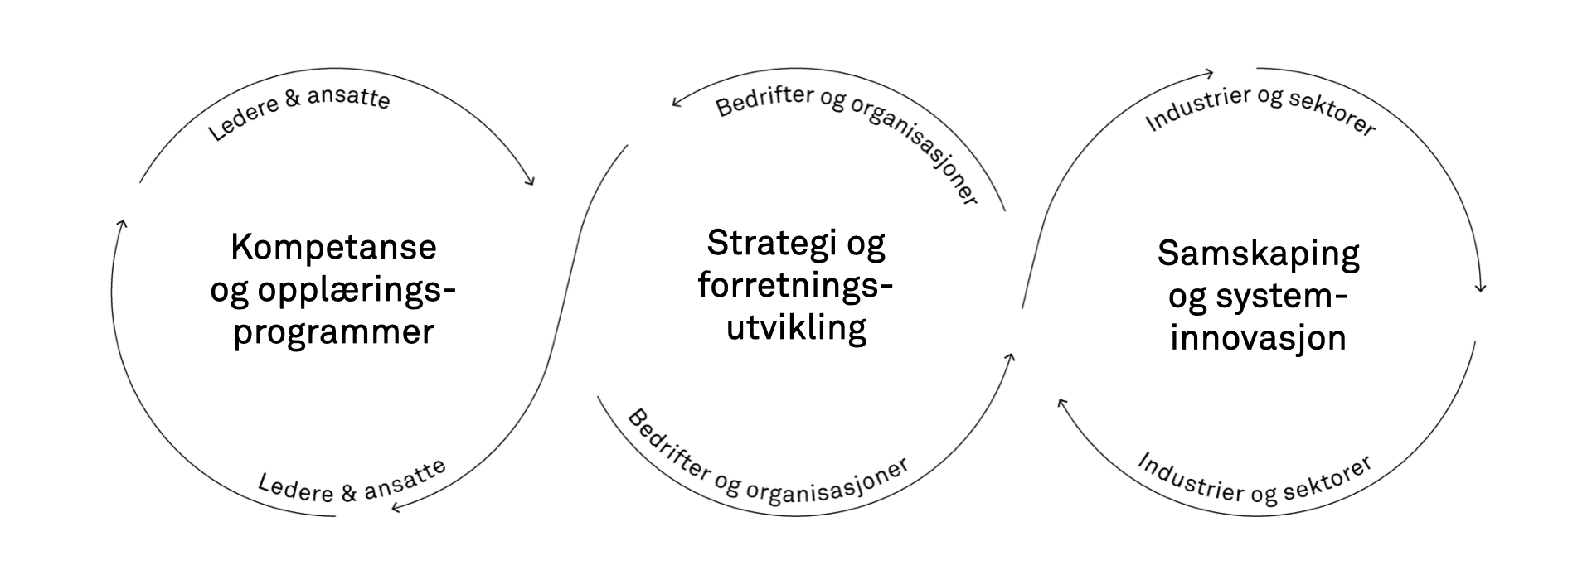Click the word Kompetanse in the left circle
333,248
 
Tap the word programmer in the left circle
333,334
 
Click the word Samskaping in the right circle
1259,254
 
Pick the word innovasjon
1259,339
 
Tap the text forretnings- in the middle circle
795,286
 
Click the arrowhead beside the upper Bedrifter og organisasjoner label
677,103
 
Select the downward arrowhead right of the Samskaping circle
1480,288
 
